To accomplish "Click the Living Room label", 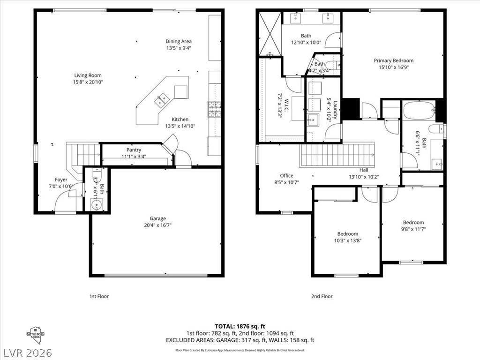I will click(88, 75).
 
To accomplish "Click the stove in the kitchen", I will click(215, 109).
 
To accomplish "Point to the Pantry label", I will click(134, 150).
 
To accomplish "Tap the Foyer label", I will click(61, 180).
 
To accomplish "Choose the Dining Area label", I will click(179, 41).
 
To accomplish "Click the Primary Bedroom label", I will click(393, 60).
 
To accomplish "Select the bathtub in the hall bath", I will click(419, 111).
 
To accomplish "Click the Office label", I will click(286, 176).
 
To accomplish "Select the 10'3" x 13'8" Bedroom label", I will click(347, 234).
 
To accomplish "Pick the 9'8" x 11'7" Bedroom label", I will click(413, 223).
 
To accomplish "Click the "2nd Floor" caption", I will click(322, 296).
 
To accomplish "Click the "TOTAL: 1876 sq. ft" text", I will click(240, 326).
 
